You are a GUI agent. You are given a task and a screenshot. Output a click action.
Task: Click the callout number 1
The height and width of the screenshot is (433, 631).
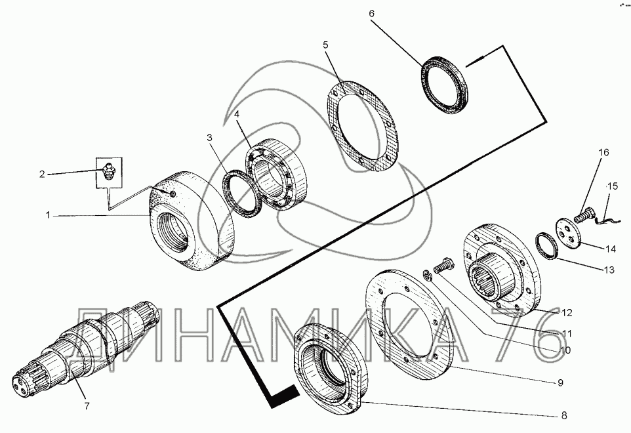(49, 215)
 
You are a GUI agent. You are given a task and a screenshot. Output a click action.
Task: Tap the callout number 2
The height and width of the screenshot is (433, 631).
(42, 175)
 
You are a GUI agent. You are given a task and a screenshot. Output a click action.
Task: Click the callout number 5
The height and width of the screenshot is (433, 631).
(325, 45)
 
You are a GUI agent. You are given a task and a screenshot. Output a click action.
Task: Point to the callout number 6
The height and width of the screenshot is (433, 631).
(371, 13)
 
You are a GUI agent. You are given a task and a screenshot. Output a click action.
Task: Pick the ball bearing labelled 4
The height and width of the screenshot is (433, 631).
(276, 174)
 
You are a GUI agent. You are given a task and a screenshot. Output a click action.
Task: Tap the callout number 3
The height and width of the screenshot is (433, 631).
(209, 138)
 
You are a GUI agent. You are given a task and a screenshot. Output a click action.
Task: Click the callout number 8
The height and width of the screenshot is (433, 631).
(564, 415)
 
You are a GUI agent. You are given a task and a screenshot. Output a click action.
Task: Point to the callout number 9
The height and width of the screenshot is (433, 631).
(560, 382)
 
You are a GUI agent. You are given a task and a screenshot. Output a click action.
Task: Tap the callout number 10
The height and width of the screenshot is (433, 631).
(565, 350)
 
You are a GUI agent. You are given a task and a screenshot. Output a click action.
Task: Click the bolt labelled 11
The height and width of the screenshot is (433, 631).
(444, 265)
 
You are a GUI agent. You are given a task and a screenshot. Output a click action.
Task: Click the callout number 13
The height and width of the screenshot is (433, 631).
(609, 270)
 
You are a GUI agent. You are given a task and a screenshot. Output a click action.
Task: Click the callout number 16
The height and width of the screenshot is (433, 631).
(603, 152)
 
